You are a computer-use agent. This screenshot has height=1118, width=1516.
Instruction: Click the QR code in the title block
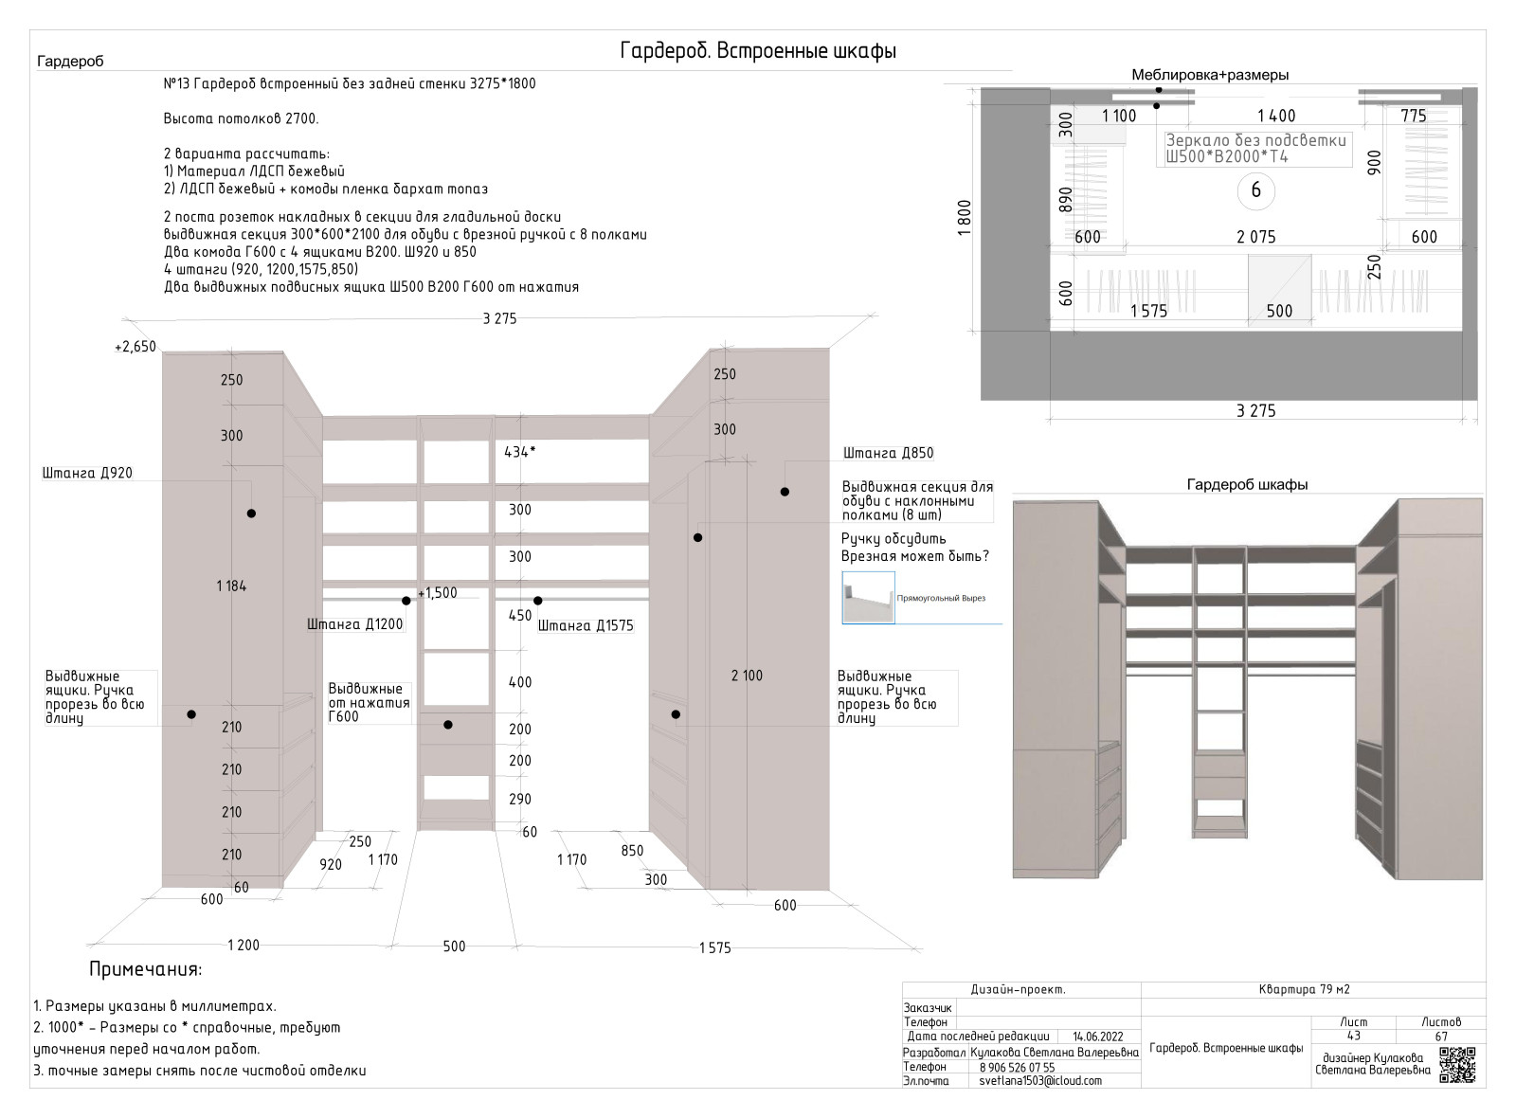point(1458,1065)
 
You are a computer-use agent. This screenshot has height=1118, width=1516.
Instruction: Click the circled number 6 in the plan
point(1255,190)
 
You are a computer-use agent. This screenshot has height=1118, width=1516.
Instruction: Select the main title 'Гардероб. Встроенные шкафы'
point(758,51)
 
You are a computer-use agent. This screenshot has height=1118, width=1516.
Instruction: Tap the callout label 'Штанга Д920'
point(87,473)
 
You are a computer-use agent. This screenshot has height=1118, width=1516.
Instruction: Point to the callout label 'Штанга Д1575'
point(586,625)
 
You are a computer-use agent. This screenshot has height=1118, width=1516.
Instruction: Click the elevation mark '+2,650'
point(135,347)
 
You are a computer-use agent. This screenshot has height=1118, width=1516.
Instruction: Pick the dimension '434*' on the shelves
point(519,452)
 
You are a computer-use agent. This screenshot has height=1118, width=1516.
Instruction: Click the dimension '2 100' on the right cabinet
point(747,676)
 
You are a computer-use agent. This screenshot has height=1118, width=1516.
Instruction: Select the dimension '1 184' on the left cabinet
point(231,586)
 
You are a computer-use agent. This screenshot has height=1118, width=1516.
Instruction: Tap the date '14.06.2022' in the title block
point(1097,1037)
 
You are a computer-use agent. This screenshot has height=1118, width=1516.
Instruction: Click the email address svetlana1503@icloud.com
point(1040,1080)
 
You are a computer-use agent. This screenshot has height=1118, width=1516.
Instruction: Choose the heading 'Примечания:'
point(145,969)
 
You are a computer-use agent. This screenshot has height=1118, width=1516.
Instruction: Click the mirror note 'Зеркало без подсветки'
point(1255,140)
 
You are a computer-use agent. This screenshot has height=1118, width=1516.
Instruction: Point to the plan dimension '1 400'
point(1276,116)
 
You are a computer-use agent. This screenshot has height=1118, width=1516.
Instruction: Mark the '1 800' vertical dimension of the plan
point(965,218)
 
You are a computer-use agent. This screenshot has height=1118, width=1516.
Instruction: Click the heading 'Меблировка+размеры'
point(1209,75)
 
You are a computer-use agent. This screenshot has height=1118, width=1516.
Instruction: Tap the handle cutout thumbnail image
point(868,597)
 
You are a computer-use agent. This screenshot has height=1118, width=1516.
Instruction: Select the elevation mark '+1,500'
point(438,593)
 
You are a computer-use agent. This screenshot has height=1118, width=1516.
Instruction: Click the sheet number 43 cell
point(1353,1036)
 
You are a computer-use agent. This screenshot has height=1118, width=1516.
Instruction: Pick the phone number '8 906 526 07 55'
point(1017,1067)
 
